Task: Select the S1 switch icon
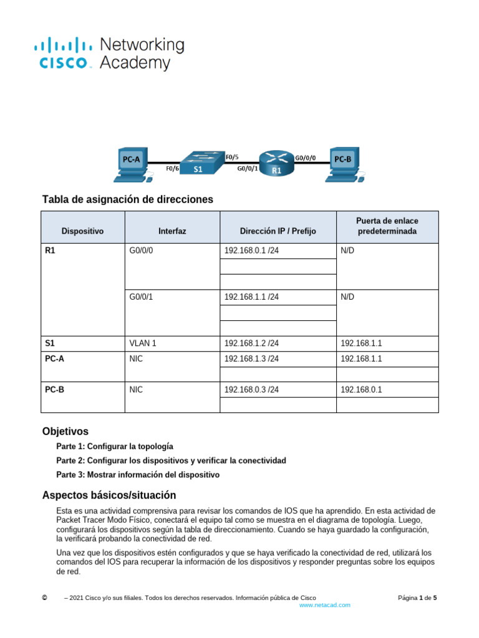point(198,164)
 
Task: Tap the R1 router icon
point(276,163)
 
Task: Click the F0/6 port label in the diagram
point(173,168)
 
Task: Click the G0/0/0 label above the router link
point(305,158)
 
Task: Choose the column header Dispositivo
point(82,231)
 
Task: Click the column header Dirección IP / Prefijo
point(278,231)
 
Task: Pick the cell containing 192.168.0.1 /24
point(278,250)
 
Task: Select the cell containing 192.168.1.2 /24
point(278,343)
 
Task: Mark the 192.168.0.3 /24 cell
point(278,390)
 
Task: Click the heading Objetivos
point(65,431)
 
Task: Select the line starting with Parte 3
point(138,475)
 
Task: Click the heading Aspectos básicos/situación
point(109,495)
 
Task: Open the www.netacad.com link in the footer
point(325,605)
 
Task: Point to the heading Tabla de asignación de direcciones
point(127,199)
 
